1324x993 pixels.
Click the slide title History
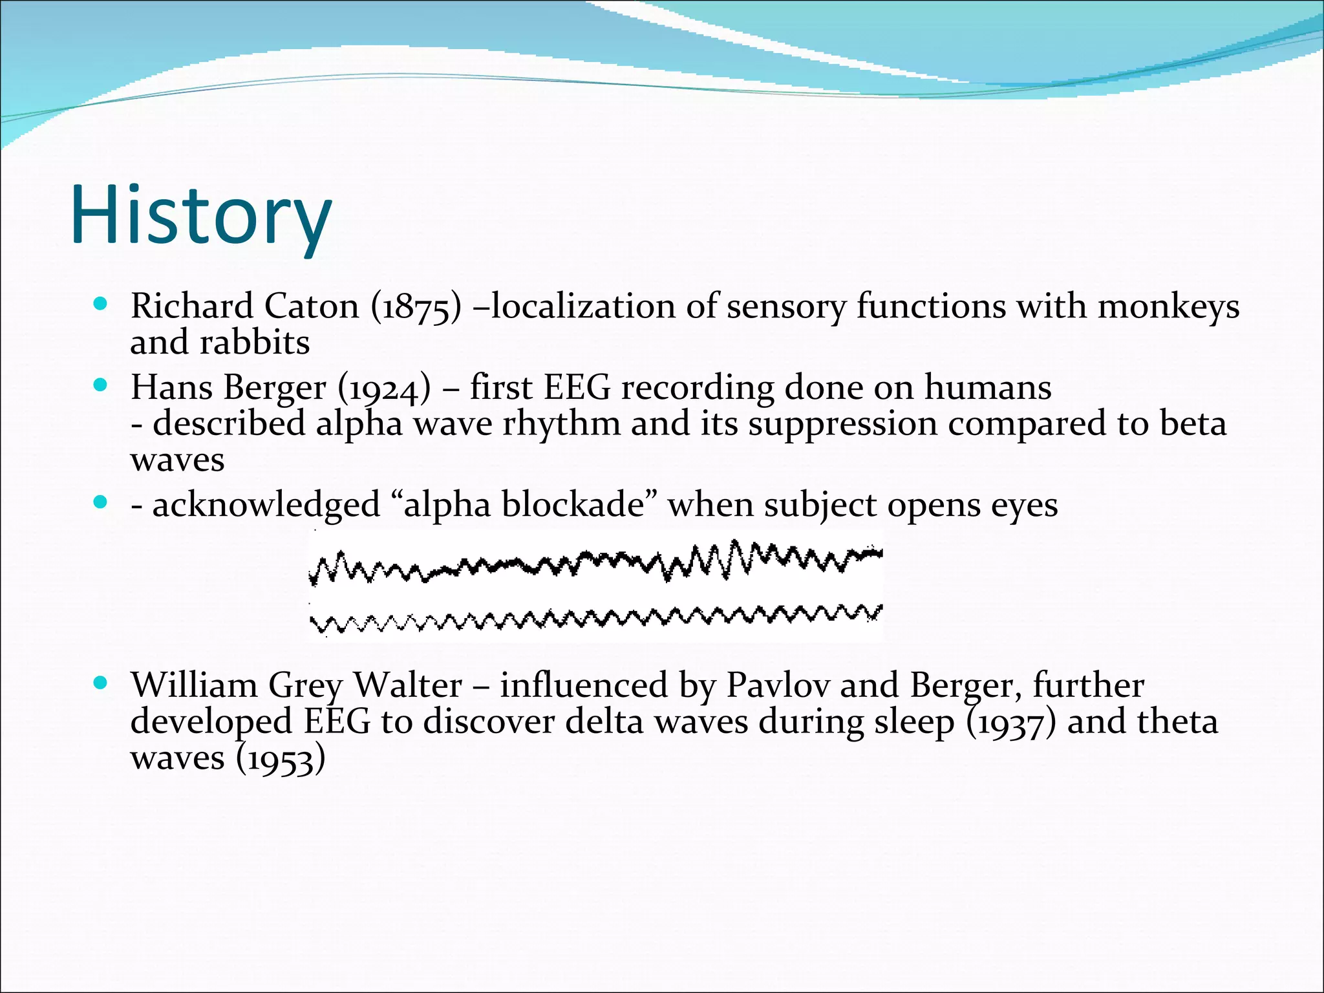[x=201, y=216]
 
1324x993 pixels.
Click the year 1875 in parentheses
[x=416, y=307]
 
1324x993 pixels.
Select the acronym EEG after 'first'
[x=577, y=388]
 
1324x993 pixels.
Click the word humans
[x=987, y=388]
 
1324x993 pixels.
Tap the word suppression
[x=842, y=425]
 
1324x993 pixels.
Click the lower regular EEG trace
[x=595, y=617]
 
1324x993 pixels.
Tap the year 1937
[x=1010, y=723]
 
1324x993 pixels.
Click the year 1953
[x=279, y=760]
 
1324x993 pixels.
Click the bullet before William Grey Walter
[x=100, y=683]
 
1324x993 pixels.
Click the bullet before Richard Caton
[x=100, y=303]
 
